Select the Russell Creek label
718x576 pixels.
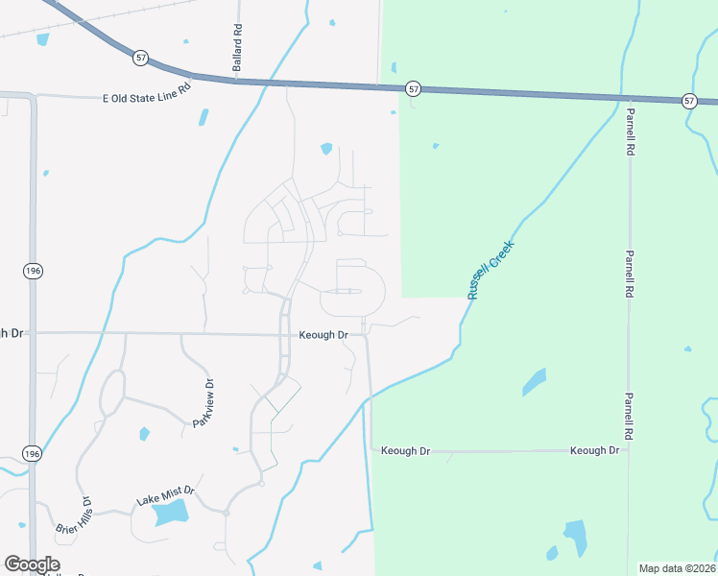pos(491,270)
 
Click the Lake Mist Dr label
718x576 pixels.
pos(165,495)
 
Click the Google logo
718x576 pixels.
pos(32,564)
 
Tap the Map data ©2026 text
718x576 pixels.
pos(677,568)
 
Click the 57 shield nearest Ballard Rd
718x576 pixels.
pos(141,59)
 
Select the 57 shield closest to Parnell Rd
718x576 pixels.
pos(689,101)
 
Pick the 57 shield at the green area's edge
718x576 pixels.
pos(413,88)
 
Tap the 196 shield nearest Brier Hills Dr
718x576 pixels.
pos(32,453)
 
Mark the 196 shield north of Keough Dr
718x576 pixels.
pos(32,272)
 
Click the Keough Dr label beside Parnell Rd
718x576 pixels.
pos(593,450)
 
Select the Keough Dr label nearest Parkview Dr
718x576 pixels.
pos(323,335)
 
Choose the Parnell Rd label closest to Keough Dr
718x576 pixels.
pos(630,415)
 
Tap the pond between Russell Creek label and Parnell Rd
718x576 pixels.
pos(534,381)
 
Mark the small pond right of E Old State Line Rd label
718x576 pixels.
pos(203,117)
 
